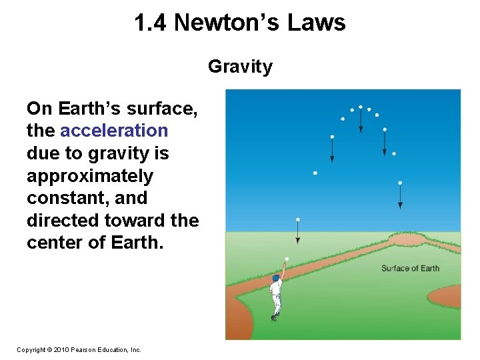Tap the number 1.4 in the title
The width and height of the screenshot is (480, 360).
click(151, 23)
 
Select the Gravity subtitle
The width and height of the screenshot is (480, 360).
click(240, 67)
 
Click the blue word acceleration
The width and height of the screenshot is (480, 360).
click(114, 131)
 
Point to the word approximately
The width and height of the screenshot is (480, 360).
click(90, 176)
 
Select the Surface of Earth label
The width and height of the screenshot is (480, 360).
click(410, 269)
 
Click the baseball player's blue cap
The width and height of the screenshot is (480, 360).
click(275, 277)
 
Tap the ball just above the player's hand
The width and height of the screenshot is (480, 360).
click(287, 258)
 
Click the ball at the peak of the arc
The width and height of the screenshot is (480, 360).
click(361, 107)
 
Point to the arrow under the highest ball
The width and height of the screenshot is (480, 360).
click(361, 121)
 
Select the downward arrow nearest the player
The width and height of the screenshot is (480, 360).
click(298, 233)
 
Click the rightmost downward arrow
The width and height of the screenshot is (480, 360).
click(400, 197)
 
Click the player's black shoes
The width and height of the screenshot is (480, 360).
click(274, 318)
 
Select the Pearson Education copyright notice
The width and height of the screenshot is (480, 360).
click(79, 349)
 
